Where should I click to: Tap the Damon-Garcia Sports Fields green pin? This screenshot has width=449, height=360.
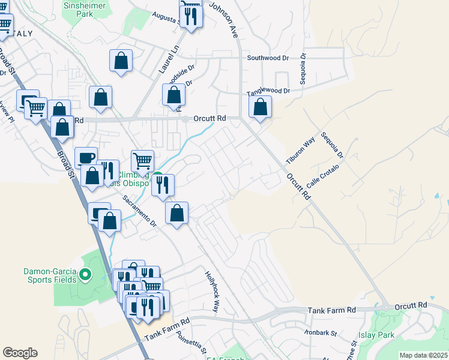pyautogui.click(x=85, y=275)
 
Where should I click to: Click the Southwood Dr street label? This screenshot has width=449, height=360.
pyautogui.click(x=268, y=58)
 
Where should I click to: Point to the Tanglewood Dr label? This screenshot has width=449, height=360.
pyautogui.click(x=269, y=91)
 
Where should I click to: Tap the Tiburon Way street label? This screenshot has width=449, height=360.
pyautogui.click(x=301, y=151)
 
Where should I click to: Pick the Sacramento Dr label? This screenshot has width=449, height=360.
pyautogui.click(x=139, y=211)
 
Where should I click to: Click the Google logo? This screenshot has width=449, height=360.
pyautogui.click(x=20, y=353)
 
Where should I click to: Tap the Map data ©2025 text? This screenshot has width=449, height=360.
pyautogui.click(x=423, y=355)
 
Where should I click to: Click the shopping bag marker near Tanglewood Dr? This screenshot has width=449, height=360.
pyautogui.click(x=261, y=108)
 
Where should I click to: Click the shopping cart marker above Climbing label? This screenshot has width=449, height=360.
pyautogui.click(x=142, y=160)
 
